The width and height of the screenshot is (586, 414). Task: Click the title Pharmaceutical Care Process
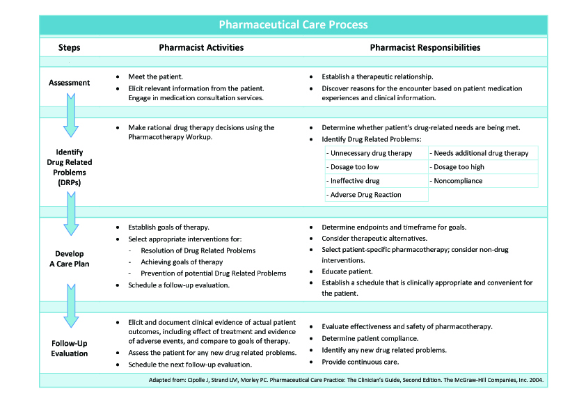click(x=293, y=25)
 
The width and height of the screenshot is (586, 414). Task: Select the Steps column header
click(x=70, y=48)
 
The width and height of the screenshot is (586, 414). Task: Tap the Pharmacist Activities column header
click(x=201, y=48)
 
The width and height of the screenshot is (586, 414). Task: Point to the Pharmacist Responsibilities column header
click(x=425, y=48)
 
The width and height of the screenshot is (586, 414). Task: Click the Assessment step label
click(x=70, y=83)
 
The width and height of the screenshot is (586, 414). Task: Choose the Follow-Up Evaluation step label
click(x=70, y=348)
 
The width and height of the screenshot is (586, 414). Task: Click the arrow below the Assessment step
click(x=70, y=115)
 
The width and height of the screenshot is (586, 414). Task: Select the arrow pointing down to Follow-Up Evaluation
click(x=70, y=307)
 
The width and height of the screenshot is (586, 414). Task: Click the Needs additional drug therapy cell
click(x=482, y=153)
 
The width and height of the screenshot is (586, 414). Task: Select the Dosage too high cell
click(x=482, y=167)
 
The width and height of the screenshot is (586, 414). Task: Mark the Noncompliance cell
click(x=482, y=181)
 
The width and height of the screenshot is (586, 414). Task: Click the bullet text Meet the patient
click(x=156, y=76)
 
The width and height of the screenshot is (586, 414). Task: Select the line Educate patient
click(x=347, y=271)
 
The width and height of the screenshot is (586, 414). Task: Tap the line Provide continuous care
click(x=359, y=362)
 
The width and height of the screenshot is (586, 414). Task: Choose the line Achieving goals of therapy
click(x=182, y=262)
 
